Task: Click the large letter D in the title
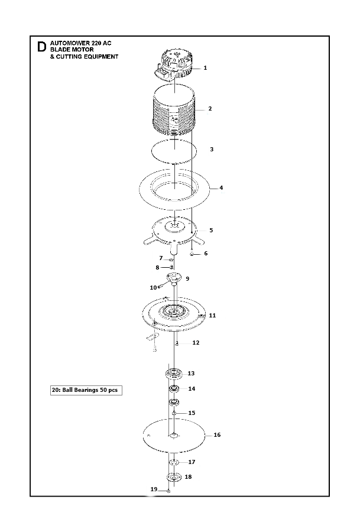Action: pos(41,47)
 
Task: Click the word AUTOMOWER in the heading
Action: pos(67,43)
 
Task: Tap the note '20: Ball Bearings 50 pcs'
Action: pos(86,390)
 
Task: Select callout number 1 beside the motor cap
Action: pos(205,68)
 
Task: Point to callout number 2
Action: pos(210,109)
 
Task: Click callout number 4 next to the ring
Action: pos(221,187)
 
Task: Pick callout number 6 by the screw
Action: pos(206,254)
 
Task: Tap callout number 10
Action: pos(153,288)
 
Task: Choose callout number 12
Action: pos(196,343)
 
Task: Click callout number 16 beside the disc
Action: pos(217,435)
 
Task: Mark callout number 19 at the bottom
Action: pos(154,489)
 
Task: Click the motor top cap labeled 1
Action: pos(174,65)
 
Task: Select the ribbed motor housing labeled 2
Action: pos(174,112)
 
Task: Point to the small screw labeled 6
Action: pos(192,254)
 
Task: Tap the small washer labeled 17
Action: pos(174,462)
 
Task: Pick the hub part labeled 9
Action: pos(174,278)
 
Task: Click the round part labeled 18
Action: pos(174,477)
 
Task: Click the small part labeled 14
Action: pos(174,389)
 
